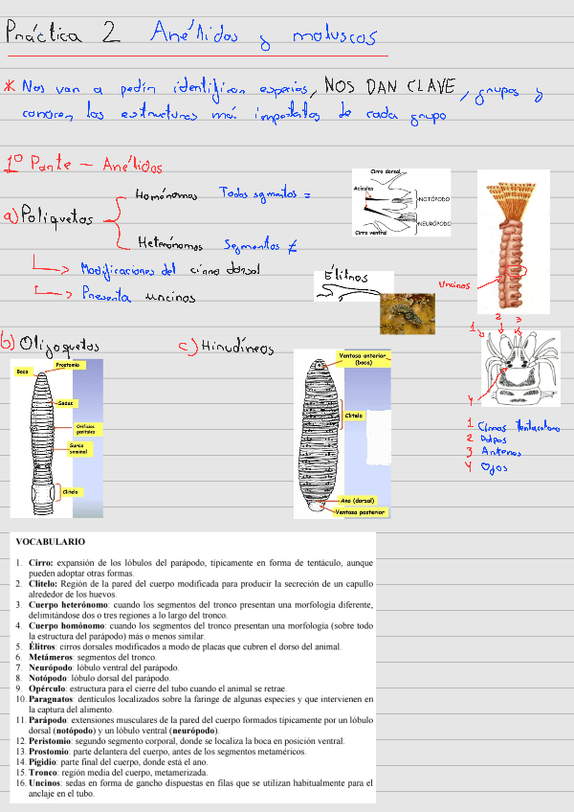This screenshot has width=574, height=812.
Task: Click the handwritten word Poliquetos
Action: [x=55, y=218]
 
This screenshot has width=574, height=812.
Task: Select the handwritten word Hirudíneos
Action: [x=227, y=349]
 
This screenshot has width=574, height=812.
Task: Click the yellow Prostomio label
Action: [x=66, y=365]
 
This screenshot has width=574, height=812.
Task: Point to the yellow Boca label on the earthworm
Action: [x=21, y=372]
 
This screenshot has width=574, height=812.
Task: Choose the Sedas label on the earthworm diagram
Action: [x=65, y=403]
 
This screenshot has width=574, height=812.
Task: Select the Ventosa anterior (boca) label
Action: [x=364, y=360]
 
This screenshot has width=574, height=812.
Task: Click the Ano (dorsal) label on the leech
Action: [x=358, y=500]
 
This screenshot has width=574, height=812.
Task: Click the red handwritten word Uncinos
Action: [x=453, y=284]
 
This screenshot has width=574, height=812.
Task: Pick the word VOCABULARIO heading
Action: [x=50, y=542]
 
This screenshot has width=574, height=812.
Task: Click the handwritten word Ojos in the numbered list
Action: [x=492, y=467]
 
